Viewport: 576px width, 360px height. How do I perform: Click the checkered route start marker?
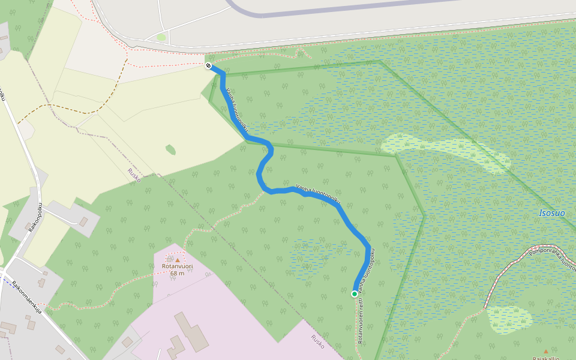click(208, 65)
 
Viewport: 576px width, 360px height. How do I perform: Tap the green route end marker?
click(355, 293)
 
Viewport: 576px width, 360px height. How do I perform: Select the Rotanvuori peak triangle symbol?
click(178, 259)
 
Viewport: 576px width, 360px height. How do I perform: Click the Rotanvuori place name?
click(177, 266)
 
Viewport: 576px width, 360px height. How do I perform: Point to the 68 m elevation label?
click(177, 274)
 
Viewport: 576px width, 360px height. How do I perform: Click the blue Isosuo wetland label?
click(552, 213)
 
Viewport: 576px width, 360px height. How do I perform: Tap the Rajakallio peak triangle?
click(545, 351)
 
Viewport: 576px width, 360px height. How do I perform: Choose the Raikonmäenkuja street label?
click(27, 298)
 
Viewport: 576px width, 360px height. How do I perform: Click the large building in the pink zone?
click(192, 331)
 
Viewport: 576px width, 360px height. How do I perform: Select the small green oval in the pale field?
click(171, 149)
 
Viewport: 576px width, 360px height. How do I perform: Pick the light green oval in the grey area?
click(161, 37)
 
